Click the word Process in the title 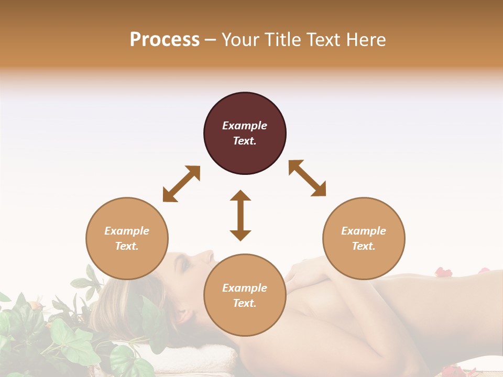(x=165, y=39)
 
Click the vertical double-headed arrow (x=240, y=215)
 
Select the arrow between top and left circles (x=181, y=183)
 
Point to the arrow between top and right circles (x=307, y=178)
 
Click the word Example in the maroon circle (x=245, y=126)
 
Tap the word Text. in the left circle (x=127, y=246)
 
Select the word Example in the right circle (x=364, y=231)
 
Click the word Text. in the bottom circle (x=245, y=303)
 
